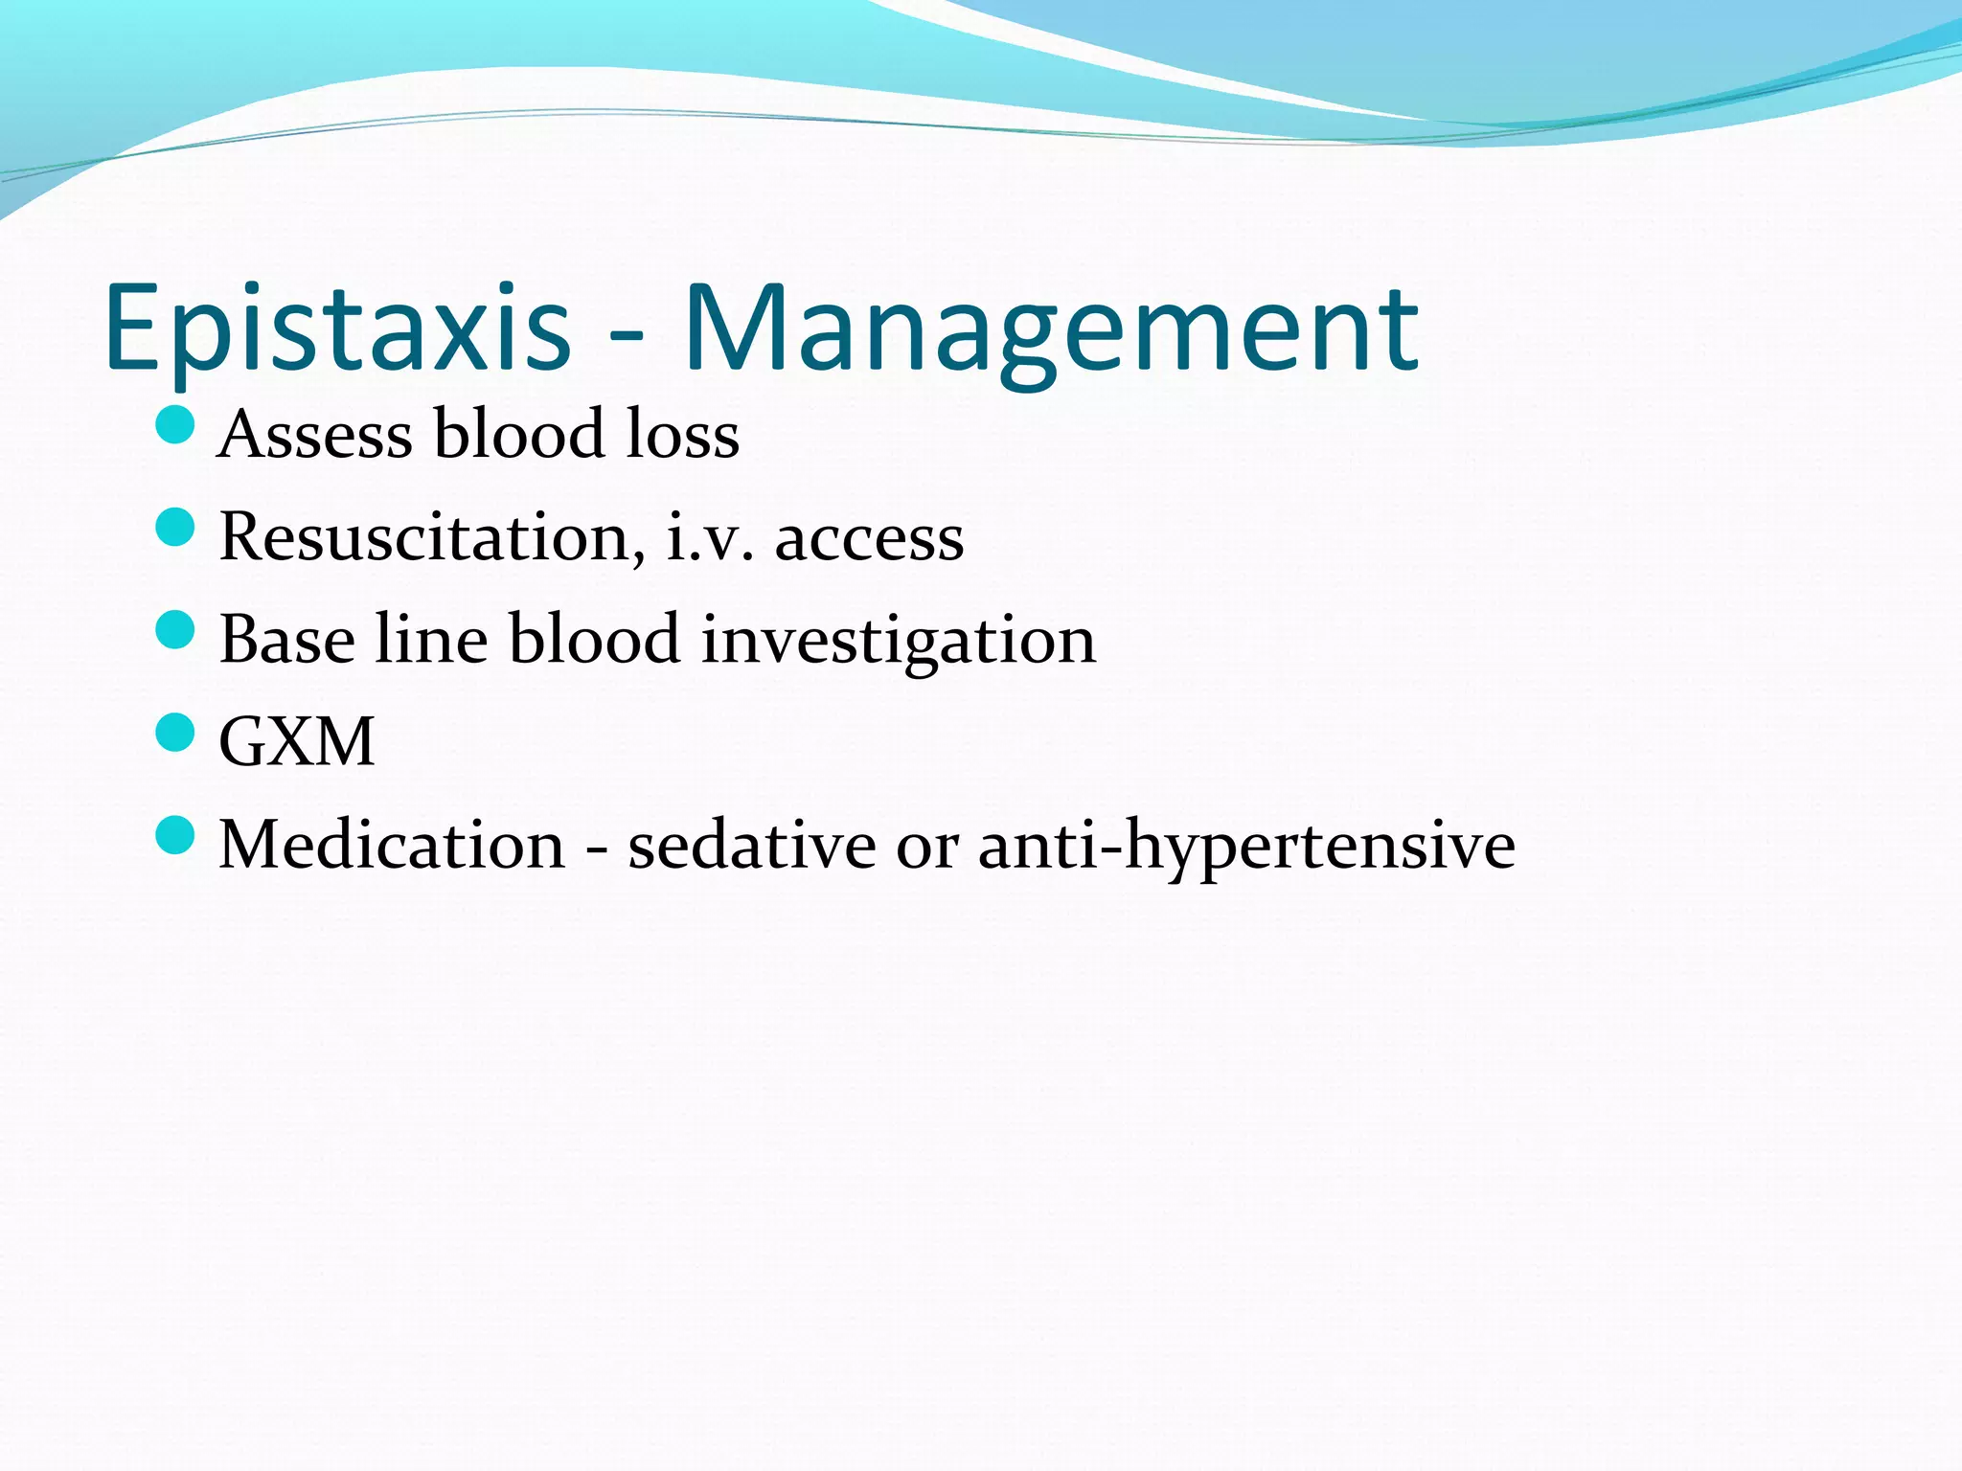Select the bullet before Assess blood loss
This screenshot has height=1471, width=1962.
174,424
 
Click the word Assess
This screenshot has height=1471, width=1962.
315,435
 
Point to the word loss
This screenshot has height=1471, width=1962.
682,435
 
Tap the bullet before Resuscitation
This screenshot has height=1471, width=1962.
174,527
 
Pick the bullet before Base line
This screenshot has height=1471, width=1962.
174,629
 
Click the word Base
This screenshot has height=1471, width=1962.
287,640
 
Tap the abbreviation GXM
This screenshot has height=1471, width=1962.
297,742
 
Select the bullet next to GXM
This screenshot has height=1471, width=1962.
174,733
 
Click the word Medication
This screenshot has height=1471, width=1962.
393,845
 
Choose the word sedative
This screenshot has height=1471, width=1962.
751,845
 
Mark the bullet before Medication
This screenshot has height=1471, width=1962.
174,835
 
